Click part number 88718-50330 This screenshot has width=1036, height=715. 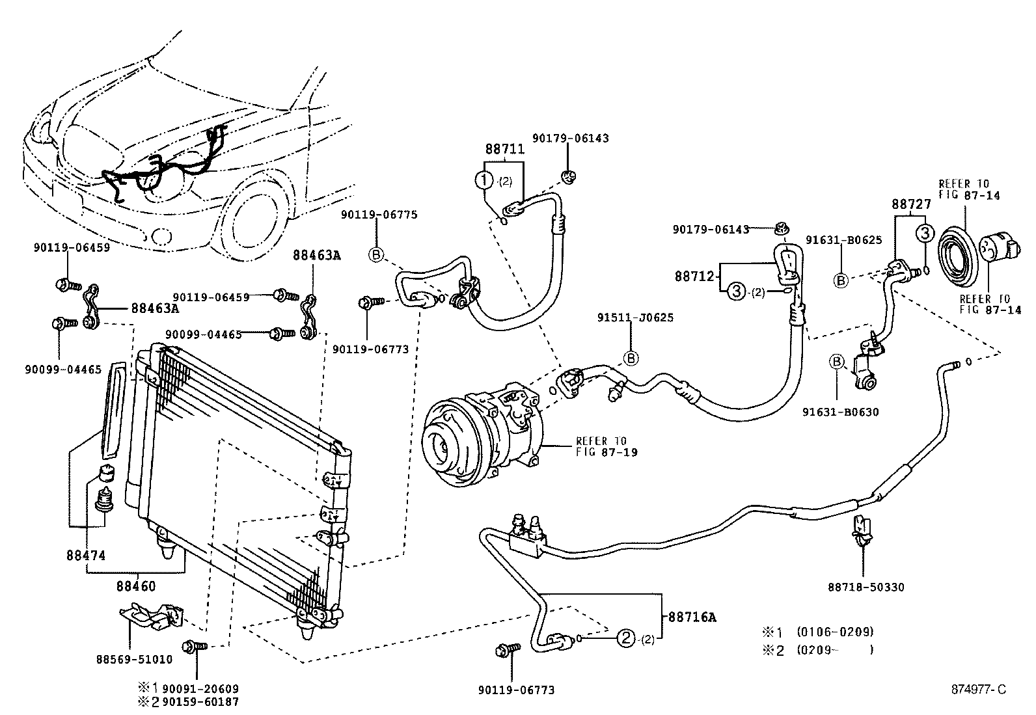click(x=866, y=587)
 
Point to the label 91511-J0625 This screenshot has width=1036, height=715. click(x=635, y=317)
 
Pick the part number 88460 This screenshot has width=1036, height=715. click(x=136, y=586)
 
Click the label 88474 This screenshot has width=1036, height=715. click(x=85, y=556)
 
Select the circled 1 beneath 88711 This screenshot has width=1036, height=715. click(x=485, y=180)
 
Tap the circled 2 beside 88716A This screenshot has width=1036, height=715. click(x=625, y=639)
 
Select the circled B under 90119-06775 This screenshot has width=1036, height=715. click(x=377, y=254)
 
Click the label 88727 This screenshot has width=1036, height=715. click(x=911, y=204)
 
